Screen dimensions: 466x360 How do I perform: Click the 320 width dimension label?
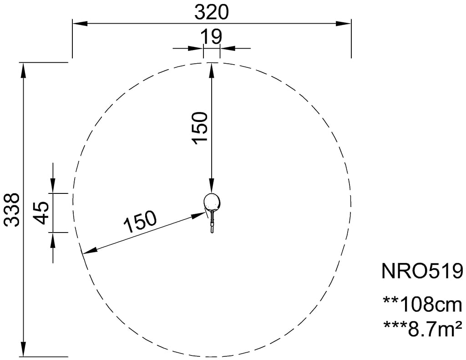pyautogui.click(x=211, y=12)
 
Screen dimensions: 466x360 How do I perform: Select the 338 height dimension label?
pyautogui.click(x=13, y=209)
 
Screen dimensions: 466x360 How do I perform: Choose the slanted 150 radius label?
pyautogui.click(x=140, y=222)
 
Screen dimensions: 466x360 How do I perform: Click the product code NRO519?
pyautogui.click(x=422, y=271)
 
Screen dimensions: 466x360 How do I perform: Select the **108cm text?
pyautogui.click(x=423, y=304)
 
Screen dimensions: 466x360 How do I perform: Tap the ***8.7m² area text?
pyautogui.click(x=423, y=328)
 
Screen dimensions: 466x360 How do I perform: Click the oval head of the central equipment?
pyautogui.click(x=212, y=201)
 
